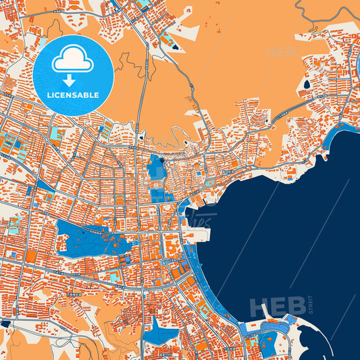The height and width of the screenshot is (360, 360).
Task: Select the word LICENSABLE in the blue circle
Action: (x=72, y=94)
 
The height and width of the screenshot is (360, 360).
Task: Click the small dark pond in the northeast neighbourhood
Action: (x=307, y=85)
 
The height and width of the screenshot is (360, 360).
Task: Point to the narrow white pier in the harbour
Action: (x=265, y=310)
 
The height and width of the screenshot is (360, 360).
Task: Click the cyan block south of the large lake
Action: (x=115, y=277)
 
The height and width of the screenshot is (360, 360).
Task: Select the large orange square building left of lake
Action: (x=31, y=257)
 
